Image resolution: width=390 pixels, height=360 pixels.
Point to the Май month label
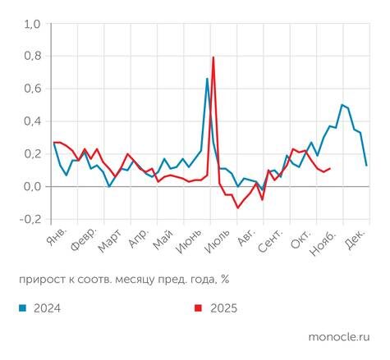tap(164, 238)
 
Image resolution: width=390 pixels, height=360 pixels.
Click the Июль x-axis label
tap(218, 241)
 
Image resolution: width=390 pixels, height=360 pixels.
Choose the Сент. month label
tap(271, 239)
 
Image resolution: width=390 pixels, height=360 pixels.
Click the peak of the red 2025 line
tap(213, 57)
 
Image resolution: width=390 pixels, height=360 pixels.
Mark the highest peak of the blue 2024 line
tap(207, 79)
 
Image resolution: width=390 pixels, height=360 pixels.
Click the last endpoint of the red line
tap(329, 168)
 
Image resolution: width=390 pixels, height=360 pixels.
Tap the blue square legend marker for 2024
tap(22, 308)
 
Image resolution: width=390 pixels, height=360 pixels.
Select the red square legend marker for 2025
tap(198, 308)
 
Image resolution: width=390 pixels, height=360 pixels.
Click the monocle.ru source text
tap(338, 337)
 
